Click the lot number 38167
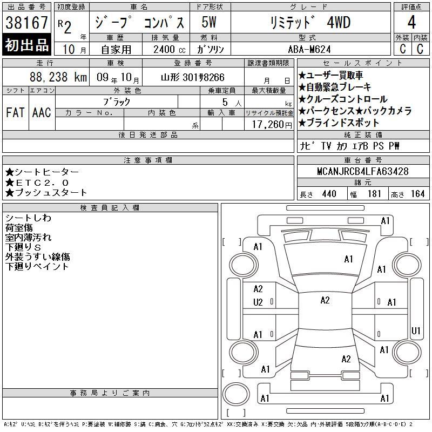coord(26,23)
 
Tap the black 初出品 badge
coord(26,45)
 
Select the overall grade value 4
coord(411,22)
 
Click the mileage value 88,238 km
coord(58,77)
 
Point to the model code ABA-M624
coord(309,49)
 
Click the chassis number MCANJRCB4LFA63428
coord(362,171)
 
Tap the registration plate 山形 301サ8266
coord(193,77)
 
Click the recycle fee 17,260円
coord(272,124)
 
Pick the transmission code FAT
coord(15,112)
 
